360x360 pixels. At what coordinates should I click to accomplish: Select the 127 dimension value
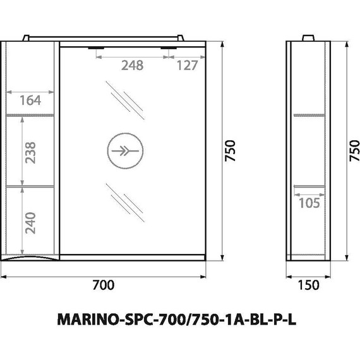(188, 66)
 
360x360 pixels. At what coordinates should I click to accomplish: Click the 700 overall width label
(104, 285)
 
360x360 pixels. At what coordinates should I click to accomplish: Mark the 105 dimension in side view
(309, 203)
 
